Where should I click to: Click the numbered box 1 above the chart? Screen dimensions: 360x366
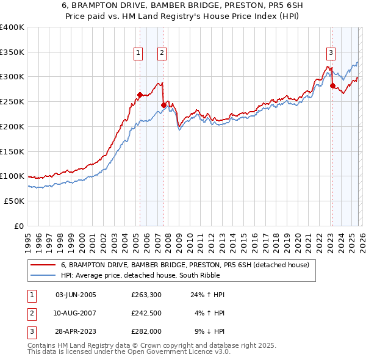139,53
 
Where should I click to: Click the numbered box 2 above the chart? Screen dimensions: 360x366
162,53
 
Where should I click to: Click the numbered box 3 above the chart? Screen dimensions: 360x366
331,53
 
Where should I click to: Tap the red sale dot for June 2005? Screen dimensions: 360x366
140,95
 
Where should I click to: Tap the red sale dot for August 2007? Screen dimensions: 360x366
163,105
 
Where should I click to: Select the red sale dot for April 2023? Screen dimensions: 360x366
332,85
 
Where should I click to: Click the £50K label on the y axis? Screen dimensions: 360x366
13,201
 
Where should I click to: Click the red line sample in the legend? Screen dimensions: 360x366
43,265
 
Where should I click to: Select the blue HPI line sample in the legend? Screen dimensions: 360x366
43,275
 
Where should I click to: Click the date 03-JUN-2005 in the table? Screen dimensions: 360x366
76,295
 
